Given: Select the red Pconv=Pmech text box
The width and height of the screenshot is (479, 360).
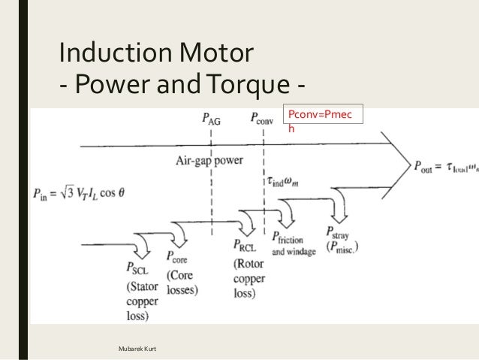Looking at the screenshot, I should (x=321, y=122).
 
